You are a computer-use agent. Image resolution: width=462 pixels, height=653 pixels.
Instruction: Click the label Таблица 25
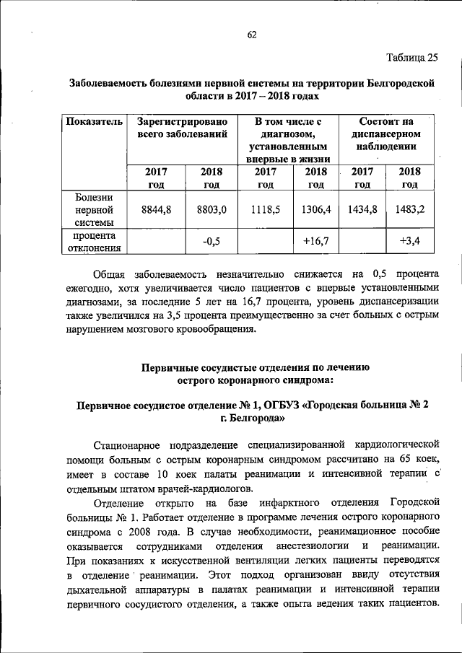pyautogui.click(x=411, y=58)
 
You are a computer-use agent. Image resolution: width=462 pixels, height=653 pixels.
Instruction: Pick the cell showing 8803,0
pyautogui.click(x=212, y=209)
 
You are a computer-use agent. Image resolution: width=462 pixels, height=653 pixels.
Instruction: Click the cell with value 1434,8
pyautogui.click(x=362, y=209)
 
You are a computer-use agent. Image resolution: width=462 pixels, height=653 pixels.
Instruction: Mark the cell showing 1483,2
pyautogui.click(x=410, y=209)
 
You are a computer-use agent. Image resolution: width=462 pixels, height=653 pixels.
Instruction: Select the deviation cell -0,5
pyautogui.click(x=212, y=241)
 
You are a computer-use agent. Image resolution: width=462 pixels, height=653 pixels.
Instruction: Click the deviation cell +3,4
pyautogui.click(x=410, y=241)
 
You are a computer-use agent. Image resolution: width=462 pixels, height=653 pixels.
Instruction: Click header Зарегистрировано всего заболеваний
pyautogui.click(x=183, y=128)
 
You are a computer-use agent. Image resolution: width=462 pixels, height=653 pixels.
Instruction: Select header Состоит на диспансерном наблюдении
pyautogui.click(x=386, y=134)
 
